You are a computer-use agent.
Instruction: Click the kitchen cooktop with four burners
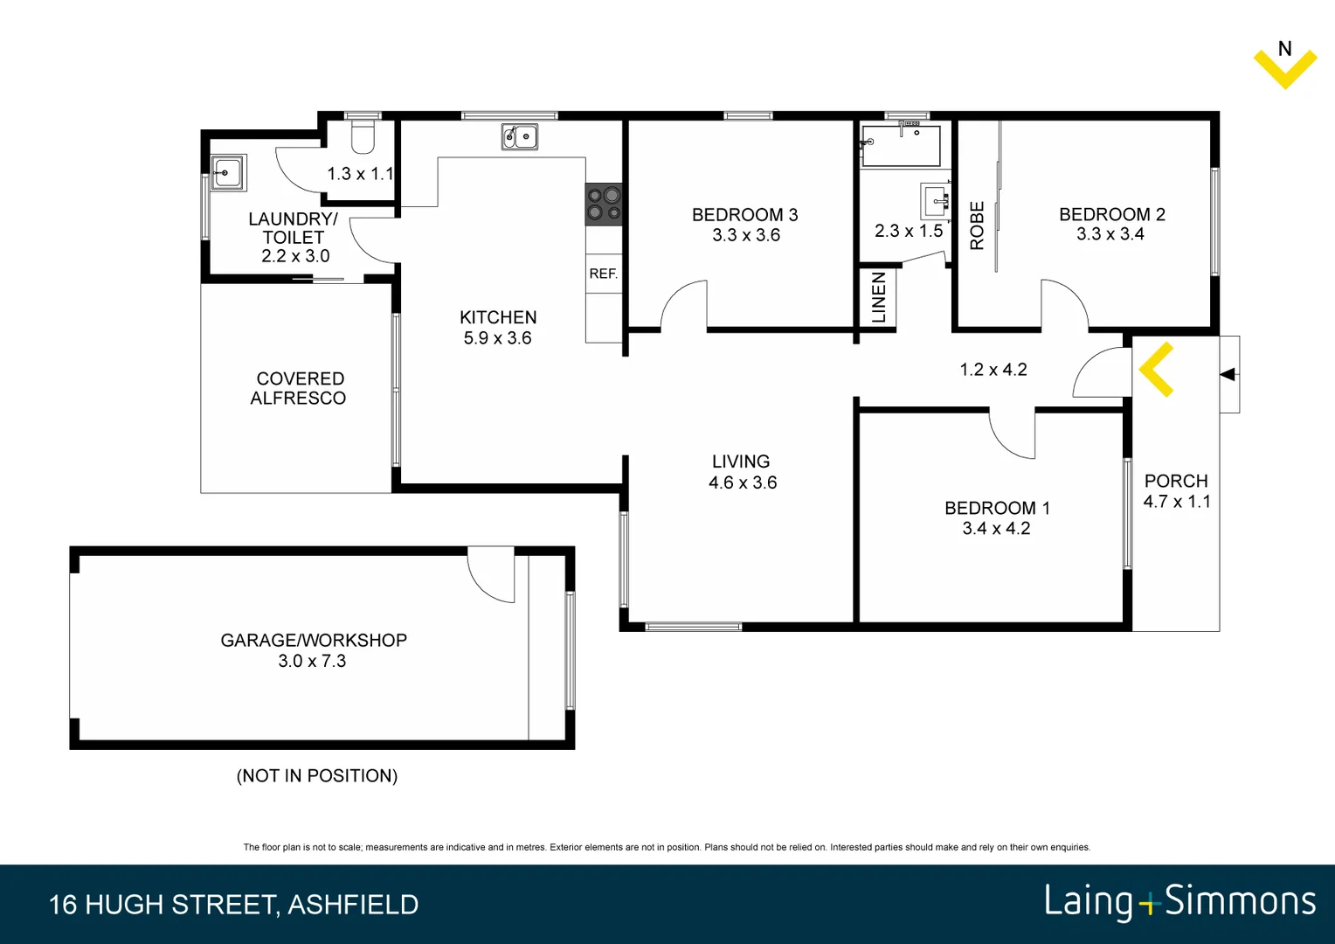[x=604, y=204]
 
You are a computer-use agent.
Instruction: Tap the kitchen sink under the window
[x=519, y=137]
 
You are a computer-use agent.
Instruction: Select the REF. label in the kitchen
[x=603, y=274]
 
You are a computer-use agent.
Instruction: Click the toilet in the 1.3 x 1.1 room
[x=363, y=137]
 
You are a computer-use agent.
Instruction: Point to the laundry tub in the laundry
[x=228, y=172]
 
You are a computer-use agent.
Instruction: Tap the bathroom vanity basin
[x=935, y=200]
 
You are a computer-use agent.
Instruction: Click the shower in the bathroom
[x=901, y=145]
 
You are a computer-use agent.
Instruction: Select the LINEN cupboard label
[x=879, y=297]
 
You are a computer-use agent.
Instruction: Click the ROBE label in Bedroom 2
[x=977, y=226]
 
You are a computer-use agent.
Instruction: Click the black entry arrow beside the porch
[x=1228, y=374]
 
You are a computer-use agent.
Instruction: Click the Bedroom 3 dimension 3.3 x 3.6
[x=745, y=235]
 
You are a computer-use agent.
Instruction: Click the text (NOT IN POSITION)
[x=317, y=775]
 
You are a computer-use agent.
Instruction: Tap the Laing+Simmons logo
[x=1179, y=902]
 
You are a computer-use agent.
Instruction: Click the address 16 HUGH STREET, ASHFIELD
[x=233, y=904]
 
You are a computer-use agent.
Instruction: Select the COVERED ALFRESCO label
[x=299, y=388]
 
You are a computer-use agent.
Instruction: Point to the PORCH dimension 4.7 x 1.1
[x=1176, y=502]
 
